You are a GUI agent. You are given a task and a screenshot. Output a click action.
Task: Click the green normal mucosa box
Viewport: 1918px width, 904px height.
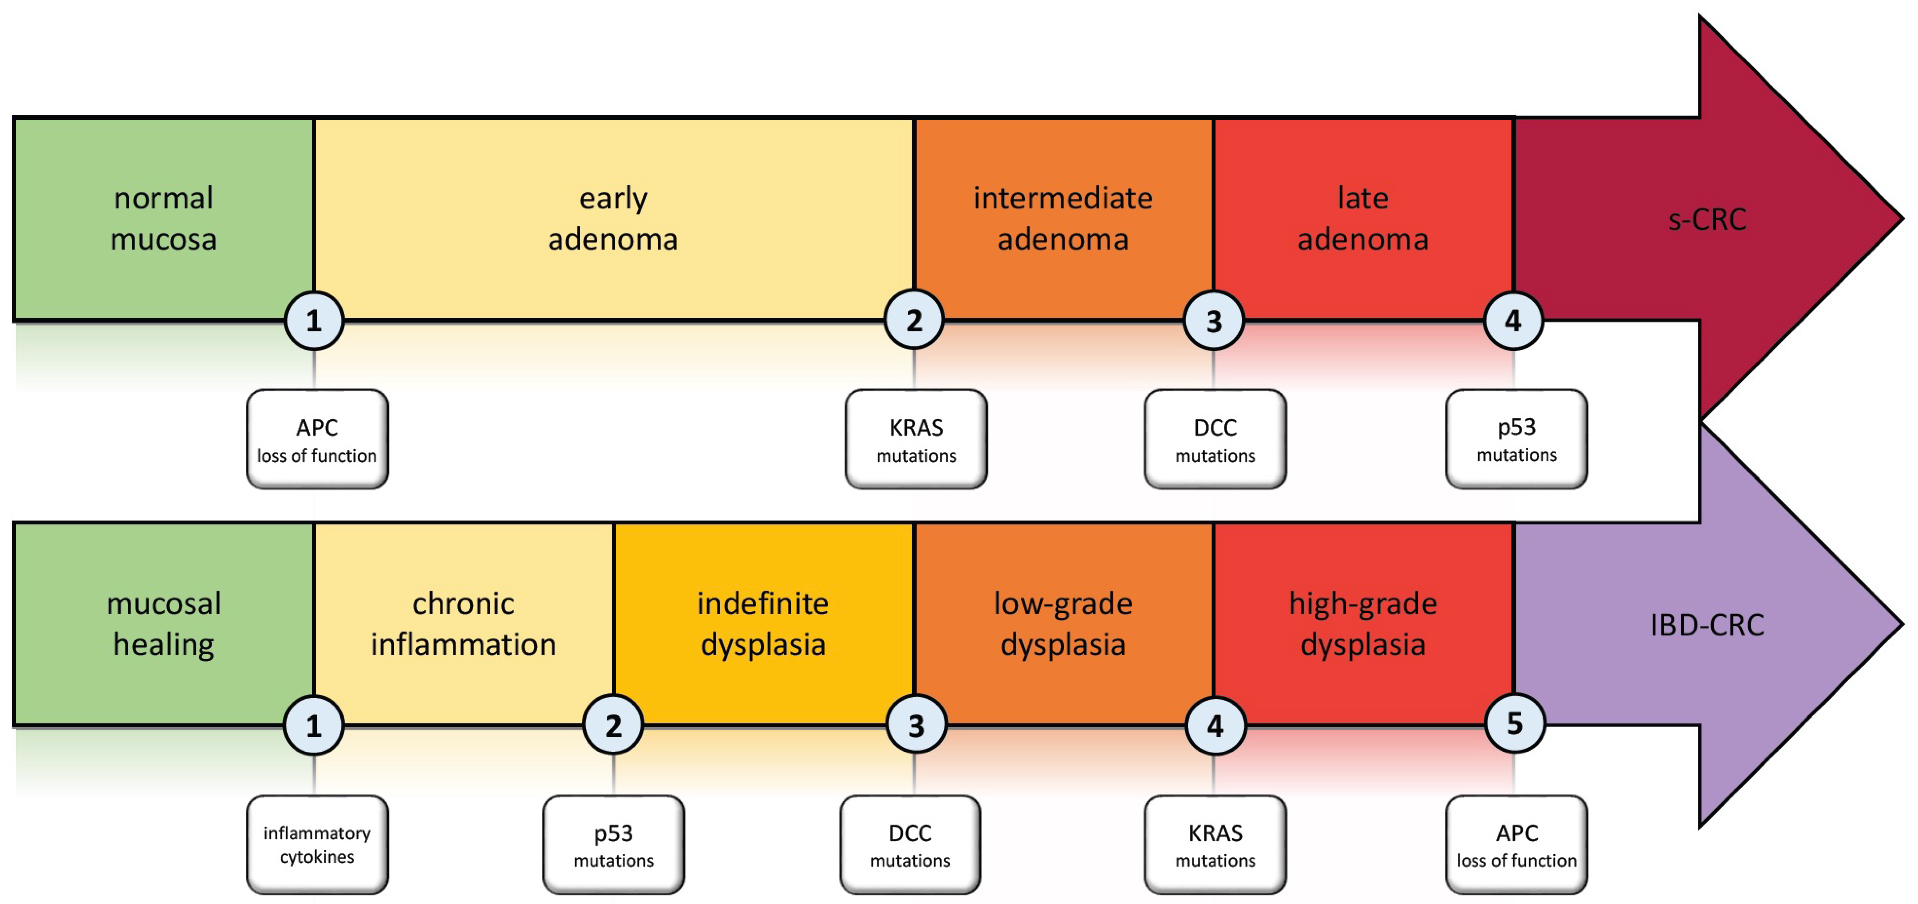click(x=164, y=219)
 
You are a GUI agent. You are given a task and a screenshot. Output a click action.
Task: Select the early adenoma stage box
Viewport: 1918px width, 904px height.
click(x=613, y=219)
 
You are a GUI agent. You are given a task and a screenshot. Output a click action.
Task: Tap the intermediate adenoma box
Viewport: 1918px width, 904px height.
click(x=1063, y=219)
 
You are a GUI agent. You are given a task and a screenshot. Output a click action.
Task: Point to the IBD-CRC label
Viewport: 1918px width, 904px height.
click(x=1707, y=625)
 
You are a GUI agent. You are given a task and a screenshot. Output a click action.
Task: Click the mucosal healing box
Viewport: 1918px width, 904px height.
click(x=164, y=624)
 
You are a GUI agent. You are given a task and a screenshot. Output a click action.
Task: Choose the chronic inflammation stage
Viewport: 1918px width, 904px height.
click(x=463, y=624)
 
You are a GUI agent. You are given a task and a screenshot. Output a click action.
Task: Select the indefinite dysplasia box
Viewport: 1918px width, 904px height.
click(x=763, y=624)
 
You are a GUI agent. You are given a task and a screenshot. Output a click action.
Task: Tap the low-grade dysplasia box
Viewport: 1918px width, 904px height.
click(x=1063, y=624)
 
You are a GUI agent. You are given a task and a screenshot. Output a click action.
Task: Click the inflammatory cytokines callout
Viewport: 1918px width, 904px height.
click(x=317, y=844)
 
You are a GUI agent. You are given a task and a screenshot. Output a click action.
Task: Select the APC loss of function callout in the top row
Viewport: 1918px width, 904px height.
click(x=317, y=439)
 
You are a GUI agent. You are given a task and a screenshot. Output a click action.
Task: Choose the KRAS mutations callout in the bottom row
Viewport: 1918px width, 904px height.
click(x=1215, y=844)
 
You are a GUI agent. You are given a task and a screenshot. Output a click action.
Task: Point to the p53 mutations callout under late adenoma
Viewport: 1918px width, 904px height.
click(x=1517, y=439)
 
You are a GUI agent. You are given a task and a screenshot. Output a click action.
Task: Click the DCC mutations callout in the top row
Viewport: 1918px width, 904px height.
click(x=1215, y=439)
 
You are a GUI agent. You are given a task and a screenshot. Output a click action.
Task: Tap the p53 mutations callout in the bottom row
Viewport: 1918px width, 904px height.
click(x=613, y=844)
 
